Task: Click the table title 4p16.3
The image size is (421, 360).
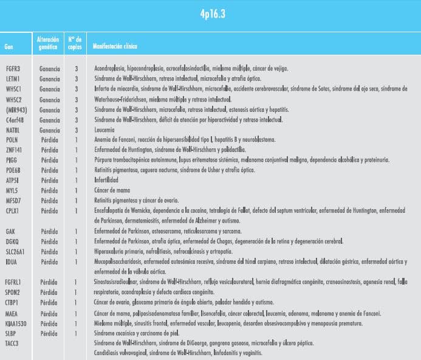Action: tap(210, 14)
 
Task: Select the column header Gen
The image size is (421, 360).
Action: tap(9, 47)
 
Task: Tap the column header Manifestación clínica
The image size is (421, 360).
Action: tap(115, 47)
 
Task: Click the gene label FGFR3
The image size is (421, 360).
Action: tap(13, 69)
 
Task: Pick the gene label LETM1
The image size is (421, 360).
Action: tap(13, 79)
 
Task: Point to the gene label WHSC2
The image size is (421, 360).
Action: tap(13, 99)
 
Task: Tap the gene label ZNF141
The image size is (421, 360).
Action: tap(13, 150)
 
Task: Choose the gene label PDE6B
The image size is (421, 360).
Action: tap(13, 170)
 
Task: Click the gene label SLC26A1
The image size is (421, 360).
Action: tap(16, 251)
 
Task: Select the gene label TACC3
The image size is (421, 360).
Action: tap(13, 344)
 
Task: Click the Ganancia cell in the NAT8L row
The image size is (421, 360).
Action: tap(50, 130)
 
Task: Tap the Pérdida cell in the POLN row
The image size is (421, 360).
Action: tap(49, 140)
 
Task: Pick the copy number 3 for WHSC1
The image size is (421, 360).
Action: tap(77, 89)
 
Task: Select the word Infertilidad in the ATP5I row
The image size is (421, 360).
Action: tap(106, 181)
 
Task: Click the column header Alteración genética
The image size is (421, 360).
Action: tap(48, 43)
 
